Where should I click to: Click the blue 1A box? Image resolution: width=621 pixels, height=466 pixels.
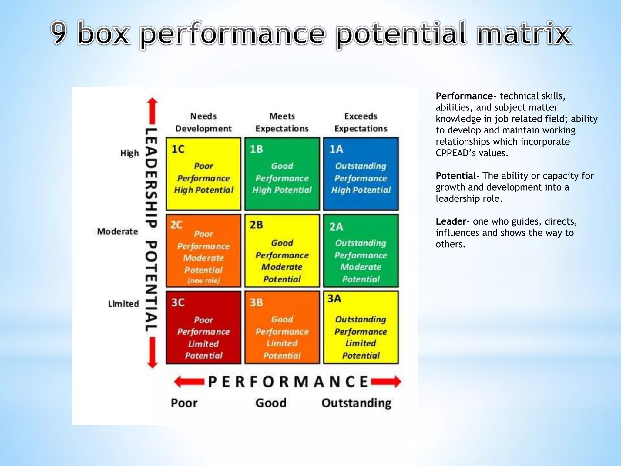[x=361, y=174]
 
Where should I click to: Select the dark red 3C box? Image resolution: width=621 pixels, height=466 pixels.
[x=203, y=328]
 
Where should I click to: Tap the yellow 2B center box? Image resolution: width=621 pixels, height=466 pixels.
[x=282, y=251]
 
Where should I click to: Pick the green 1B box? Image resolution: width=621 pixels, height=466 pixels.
[x=282, y=174]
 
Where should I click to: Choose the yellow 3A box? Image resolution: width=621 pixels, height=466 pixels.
[x=361, y=328]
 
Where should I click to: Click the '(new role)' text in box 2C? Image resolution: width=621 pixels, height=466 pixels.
[x=203, y=281]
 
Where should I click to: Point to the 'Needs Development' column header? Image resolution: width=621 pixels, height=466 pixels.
[x=203, y=122]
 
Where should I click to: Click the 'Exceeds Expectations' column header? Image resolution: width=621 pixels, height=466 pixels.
[x=361, y=122]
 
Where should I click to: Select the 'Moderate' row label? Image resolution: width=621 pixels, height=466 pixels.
[x=117, y=231]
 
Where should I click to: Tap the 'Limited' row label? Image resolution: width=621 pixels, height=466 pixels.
[x=123, y=304]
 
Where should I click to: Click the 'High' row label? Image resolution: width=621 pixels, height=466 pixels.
[x=129, y=153]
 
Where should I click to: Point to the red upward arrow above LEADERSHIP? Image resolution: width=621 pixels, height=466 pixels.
[x=153, y=111]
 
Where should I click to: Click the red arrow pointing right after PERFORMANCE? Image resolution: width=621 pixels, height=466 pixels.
[x=386, y=382]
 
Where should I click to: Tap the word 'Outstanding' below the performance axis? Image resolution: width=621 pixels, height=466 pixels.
[x=356, y=403]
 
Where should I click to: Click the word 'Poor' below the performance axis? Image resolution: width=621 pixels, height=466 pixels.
[x=184, y=403]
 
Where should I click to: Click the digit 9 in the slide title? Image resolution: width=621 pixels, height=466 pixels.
[x=59, y=33]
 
